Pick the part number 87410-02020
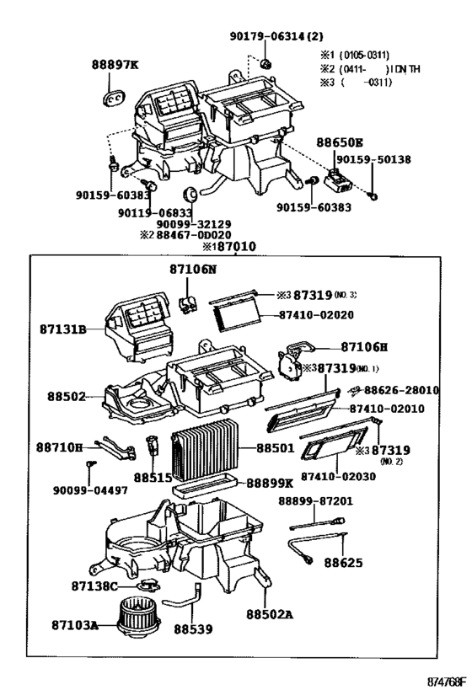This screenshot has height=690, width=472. click(x=316, y=314)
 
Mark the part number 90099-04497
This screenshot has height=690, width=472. click(x=90, y=490)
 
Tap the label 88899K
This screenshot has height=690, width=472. click(x=270, y=484)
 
